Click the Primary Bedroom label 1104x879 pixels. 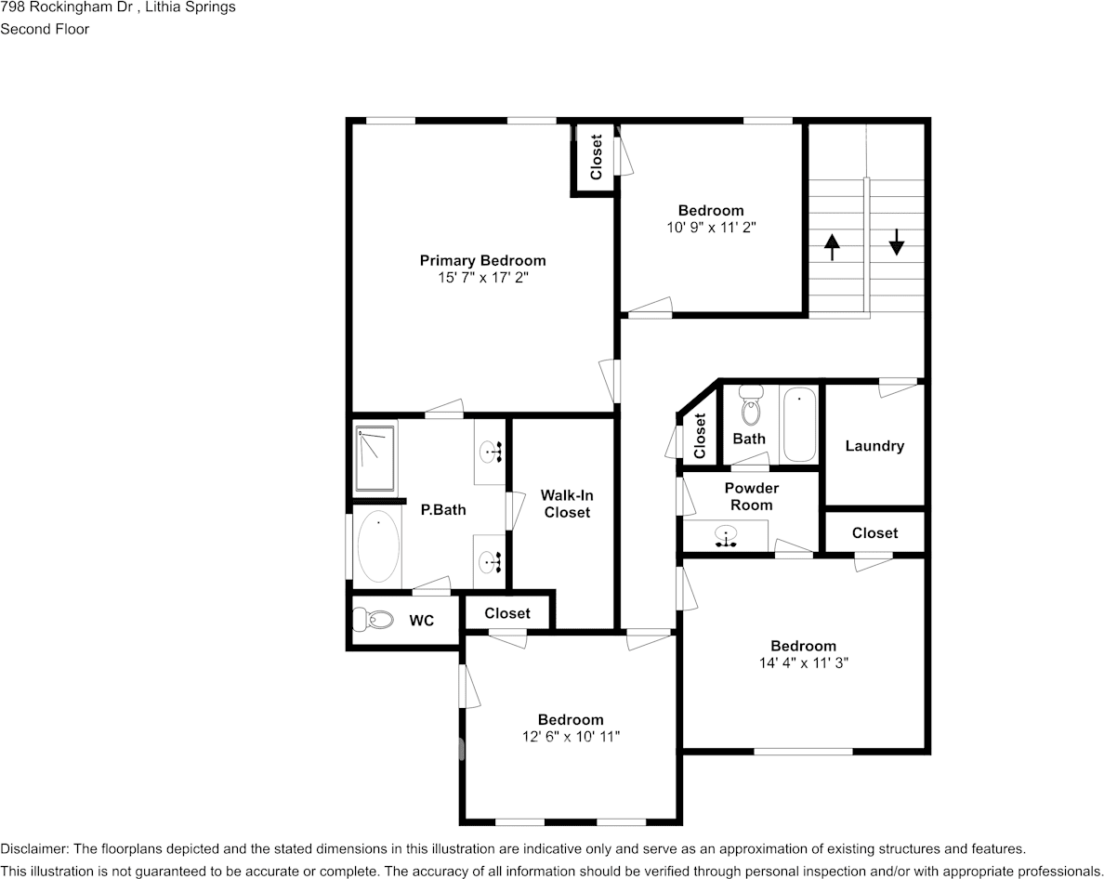[x=482, y=260]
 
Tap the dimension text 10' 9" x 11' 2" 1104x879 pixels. [x=711, y=228]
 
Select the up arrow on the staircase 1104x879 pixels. [x=833, y=246]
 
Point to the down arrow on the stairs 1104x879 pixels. [x=896, y=242]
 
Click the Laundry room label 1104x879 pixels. [x=874, y=446]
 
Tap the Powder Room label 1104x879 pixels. [x=751, y=496]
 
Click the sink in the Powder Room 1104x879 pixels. [x=725, y=536]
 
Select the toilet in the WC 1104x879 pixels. [x=374, y=620]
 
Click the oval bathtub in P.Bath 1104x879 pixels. [x=379, y=547]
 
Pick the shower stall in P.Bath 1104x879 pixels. [x=376, y=459]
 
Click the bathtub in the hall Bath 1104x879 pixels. [x=799, y=425]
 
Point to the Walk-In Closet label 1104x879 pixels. [x=567, y=504]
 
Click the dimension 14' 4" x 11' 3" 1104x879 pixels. [x=803, y=663]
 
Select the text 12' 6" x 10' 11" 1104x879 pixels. [x=571, y=736]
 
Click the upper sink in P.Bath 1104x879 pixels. [x=490, y=451]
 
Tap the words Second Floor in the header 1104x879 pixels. [x=45, y=29]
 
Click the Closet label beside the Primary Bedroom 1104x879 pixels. [x=596, y=157]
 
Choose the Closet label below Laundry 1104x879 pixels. [x=874, y=532]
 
